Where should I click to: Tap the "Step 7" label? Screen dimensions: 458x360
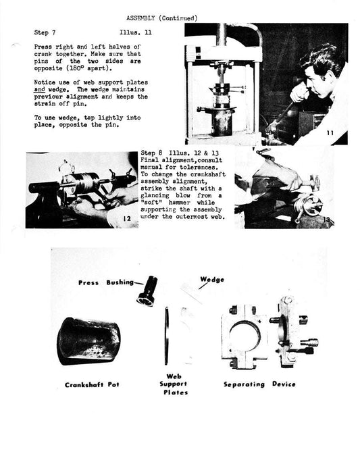tap(45, 32)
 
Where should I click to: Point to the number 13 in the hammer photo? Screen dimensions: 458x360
tap(328, 220)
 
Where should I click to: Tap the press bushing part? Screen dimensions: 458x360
tap(147, 291)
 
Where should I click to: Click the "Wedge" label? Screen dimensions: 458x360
tap(211, 279)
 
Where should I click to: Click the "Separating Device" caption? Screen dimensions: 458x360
tap(259, 384)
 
